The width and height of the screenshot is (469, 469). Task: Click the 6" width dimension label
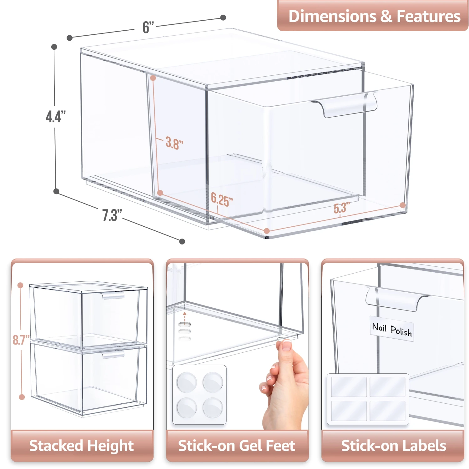tap(148, 27)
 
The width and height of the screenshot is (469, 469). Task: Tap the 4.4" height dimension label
tap(56, 116)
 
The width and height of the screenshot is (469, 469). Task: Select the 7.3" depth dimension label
tap(112, 215)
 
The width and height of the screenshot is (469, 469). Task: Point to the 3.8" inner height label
tap(174, 143)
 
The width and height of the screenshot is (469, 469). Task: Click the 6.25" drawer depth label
tap(222, 199)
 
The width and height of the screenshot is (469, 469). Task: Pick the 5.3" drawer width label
tap(341, 208)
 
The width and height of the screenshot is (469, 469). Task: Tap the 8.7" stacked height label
tap(21, 340)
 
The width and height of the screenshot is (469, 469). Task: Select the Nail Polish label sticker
tap(392, 329)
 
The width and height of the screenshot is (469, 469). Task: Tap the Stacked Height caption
tap(82, 446)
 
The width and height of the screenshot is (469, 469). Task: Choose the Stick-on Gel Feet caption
tap(237, 446)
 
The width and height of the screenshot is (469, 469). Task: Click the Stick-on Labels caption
tap(393, 446)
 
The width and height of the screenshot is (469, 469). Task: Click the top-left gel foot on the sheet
tap(187, 382)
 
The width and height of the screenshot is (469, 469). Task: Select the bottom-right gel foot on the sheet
tap(213, 407)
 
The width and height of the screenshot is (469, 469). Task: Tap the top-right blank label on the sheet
tap(387, 386)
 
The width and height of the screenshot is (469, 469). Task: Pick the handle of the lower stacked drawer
tap(113, 355)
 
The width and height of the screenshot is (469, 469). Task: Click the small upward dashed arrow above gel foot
tap(185, 318)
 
